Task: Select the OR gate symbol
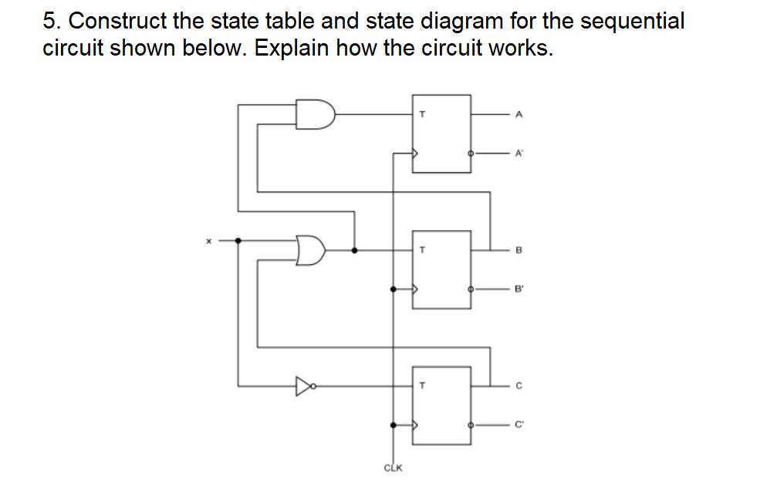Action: pos(311,250)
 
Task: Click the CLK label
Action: pos(393,467)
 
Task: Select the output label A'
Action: pos(519,153)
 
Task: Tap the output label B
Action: pos(519,250)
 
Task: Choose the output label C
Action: pos(519,385)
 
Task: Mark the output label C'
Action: pos(519,424)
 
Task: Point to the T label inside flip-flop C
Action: pos(422,385)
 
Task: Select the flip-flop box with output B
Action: pos(441,269)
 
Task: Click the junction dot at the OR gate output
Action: pos(354,250)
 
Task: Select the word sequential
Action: pos(632,21)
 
